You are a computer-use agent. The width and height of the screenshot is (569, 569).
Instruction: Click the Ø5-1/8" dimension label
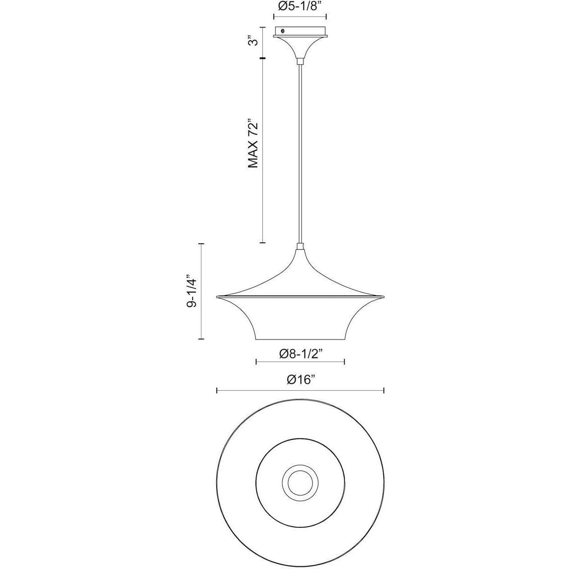tap(300, 7)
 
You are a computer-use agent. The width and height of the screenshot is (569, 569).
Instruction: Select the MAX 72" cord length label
tap(253, 144)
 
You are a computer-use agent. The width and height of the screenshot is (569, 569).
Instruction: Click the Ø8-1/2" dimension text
tap(300, 354)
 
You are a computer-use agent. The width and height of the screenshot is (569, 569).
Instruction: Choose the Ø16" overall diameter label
tap(300, 380)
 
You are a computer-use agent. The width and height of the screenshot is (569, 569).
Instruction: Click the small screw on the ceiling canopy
tap(283, 31)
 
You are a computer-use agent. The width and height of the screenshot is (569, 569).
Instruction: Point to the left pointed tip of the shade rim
tap(217, 296)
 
